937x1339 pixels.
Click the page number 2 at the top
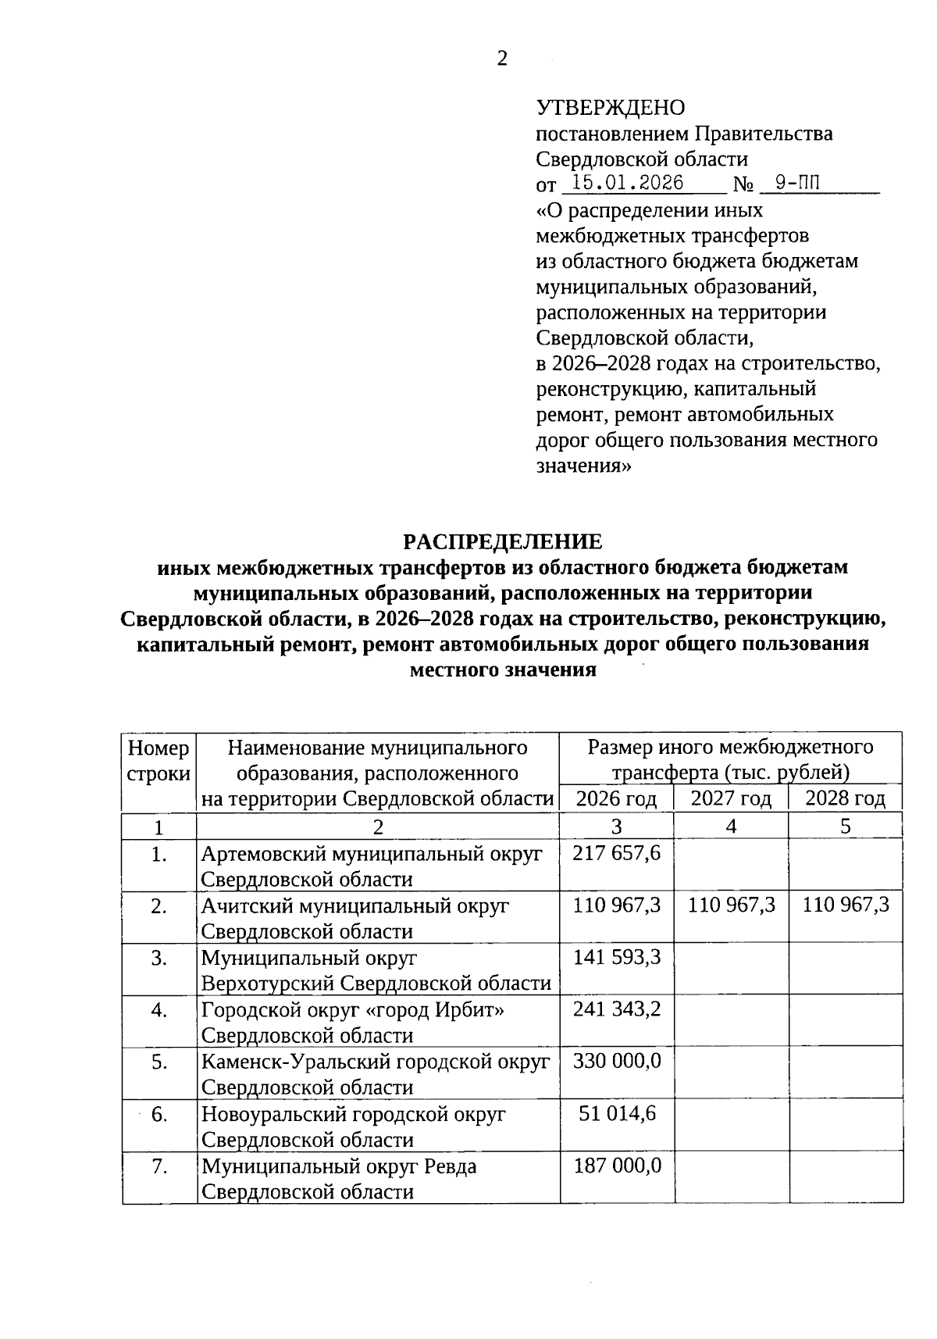502,59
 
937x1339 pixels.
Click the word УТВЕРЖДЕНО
611,108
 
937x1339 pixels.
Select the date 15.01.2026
628,184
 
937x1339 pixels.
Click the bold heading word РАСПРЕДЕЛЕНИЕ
502,541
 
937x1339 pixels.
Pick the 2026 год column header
616,798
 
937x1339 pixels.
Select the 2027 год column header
731,798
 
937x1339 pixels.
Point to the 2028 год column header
846,798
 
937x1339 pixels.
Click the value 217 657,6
617,853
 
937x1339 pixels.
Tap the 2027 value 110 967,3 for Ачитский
732,905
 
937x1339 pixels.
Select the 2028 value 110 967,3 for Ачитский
846,905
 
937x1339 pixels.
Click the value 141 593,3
617,957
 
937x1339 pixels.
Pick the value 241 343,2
617,1009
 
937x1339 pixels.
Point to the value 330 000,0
617,1061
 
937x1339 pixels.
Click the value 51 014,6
617,1113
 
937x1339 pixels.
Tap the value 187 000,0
617,1166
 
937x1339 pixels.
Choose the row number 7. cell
159,1166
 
